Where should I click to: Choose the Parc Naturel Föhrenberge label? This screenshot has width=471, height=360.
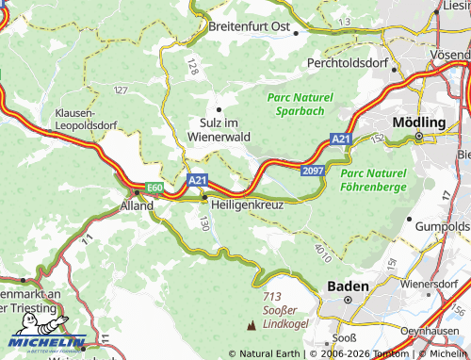click(373, 180)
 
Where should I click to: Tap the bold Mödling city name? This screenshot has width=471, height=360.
click(417, 123)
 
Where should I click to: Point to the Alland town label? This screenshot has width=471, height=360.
click(136, 205)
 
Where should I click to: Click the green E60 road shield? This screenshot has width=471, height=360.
click(154, 188)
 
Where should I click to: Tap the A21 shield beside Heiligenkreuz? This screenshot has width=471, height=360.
click(197, 179)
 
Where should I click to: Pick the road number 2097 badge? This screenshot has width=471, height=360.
click(314, 170)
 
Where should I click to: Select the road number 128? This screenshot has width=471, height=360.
click(192, 65)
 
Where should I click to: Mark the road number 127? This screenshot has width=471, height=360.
click(121, 90)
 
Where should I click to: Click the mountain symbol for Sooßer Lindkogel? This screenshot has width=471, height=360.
click(251, 325)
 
